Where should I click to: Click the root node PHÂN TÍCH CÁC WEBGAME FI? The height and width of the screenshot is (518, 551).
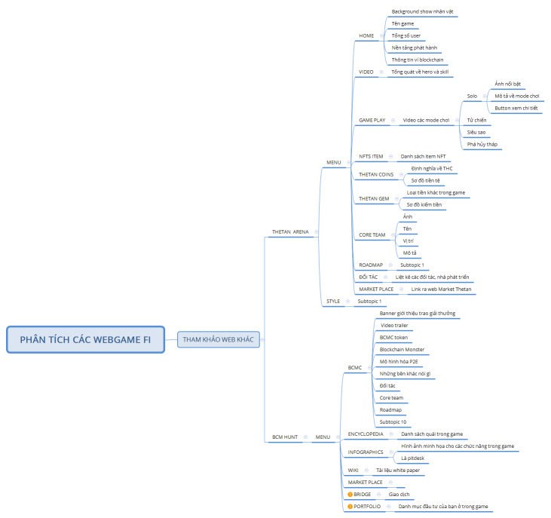[85, 339]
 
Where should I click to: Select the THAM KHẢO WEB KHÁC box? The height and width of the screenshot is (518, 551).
[219, 339]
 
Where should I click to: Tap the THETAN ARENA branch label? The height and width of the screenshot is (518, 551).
[290, 232]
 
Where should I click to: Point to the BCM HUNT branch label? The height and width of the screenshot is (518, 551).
[285, 437]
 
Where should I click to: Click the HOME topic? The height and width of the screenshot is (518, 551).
[366, 36]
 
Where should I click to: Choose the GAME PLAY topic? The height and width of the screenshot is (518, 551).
[372, 120]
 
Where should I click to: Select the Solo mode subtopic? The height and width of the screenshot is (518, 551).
[472, 96]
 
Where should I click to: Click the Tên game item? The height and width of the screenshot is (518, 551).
[403, 23]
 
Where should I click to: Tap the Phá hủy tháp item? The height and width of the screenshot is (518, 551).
[482, 144]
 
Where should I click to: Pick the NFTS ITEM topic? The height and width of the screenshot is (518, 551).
[371, 156]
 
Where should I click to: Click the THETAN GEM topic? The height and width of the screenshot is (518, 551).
[374, 198]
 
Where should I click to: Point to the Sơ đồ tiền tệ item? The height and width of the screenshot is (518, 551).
[425, 180]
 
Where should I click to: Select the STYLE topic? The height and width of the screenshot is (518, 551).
[333, 301]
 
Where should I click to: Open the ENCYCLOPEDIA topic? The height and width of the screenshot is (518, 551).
[366, 434]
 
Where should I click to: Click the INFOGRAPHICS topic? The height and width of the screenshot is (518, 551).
[366, 452]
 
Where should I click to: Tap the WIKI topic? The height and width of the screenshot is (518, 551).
[353, 470]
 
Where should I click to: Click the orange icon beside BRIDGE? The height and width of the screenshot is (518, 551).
[350, 495]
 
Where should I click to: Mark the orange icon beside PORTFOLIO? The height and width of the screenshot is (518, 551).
[350, 507]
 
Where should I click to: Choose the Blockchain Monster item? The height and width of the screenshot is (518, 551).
[402, 350]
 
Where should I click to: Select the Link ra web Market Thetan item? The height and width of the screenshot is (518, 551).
[441, 290]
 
